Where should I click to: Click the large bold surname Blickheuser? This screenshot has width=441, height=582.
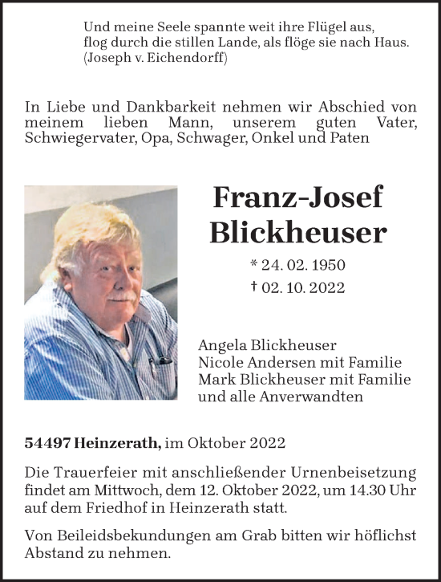[x=297, y=232]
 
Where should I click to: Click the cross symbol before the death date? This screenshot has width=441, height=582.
[x=254, y=287]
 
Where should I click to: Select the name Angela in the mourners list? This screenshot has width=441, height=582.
[x=220, y=345]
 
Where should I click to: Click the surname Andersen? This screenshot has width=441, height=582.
[x=275, y=362]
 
